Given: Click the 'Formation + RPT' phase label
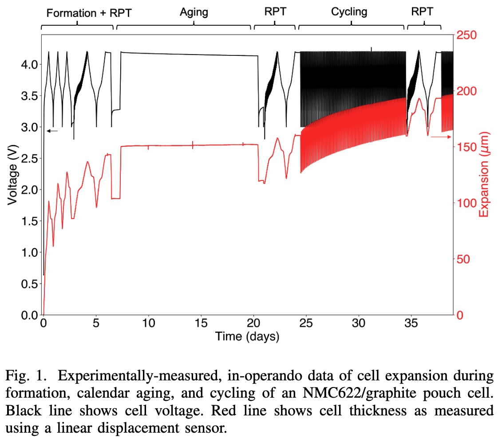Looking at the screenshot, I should click(89, 13).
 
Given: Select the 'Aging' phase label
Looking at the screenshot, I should click(194, 12).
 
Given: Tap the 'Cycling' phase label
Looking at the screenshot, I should click(349, 12).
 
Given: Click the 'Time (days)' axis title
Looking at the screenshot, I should click(247, 336).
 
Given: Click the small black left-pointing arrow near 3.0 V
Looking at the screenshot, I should click(52, 130).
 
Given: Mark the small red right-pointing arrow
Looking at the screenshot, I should click(441, 137).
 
